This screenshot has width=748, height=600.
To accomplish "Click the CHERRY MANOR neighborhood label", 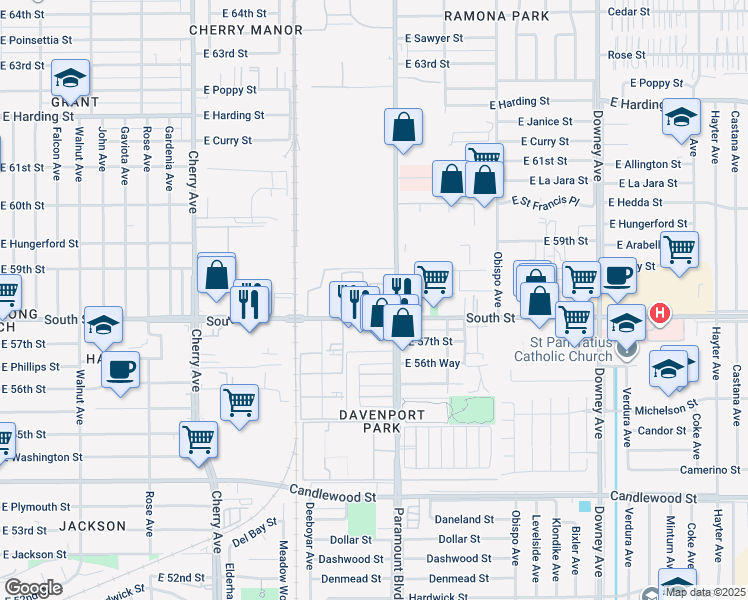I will coord(246,30).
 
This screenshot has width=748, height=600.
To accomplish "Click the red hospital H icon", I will coord(660,313).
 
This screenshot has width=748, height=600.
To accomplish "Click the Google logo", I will coord(33,587).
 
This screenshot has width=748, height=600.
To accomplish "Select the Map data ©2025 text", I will coord(704,592).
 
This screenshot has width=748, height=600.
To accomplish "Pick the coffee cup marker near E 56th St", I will coord(121,370).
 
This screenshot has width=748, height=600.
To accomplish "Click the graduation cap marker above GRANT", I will coord(71,80).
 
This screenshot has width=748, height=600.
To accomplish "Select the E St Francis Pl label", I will coord(545,201).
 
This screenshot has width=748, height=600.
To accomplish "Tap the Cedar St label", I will coord(624,12).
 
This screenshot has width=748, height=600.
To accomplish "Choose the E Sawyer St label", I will coord(434,38).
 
